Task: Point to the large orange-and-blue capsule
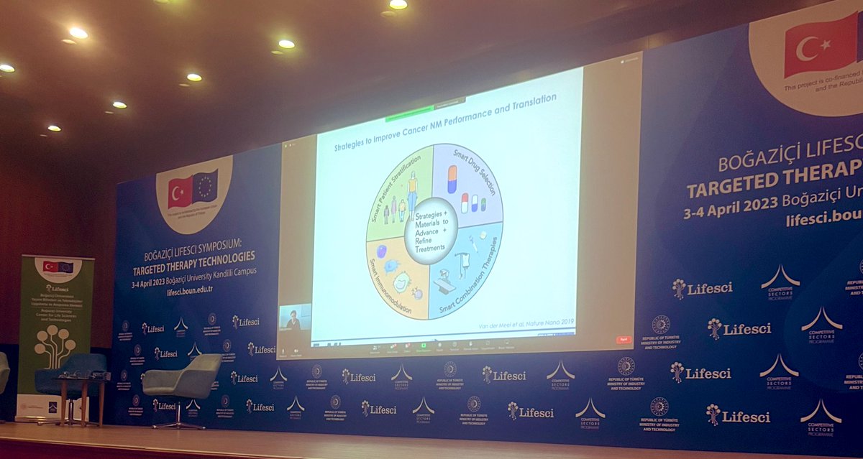click(452, 179)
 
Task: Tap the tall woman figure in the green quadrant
click(412, 190)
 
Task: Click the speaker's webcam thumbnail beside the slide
click(295, 317)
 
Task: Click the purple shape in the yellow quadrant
click(381, 251)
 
